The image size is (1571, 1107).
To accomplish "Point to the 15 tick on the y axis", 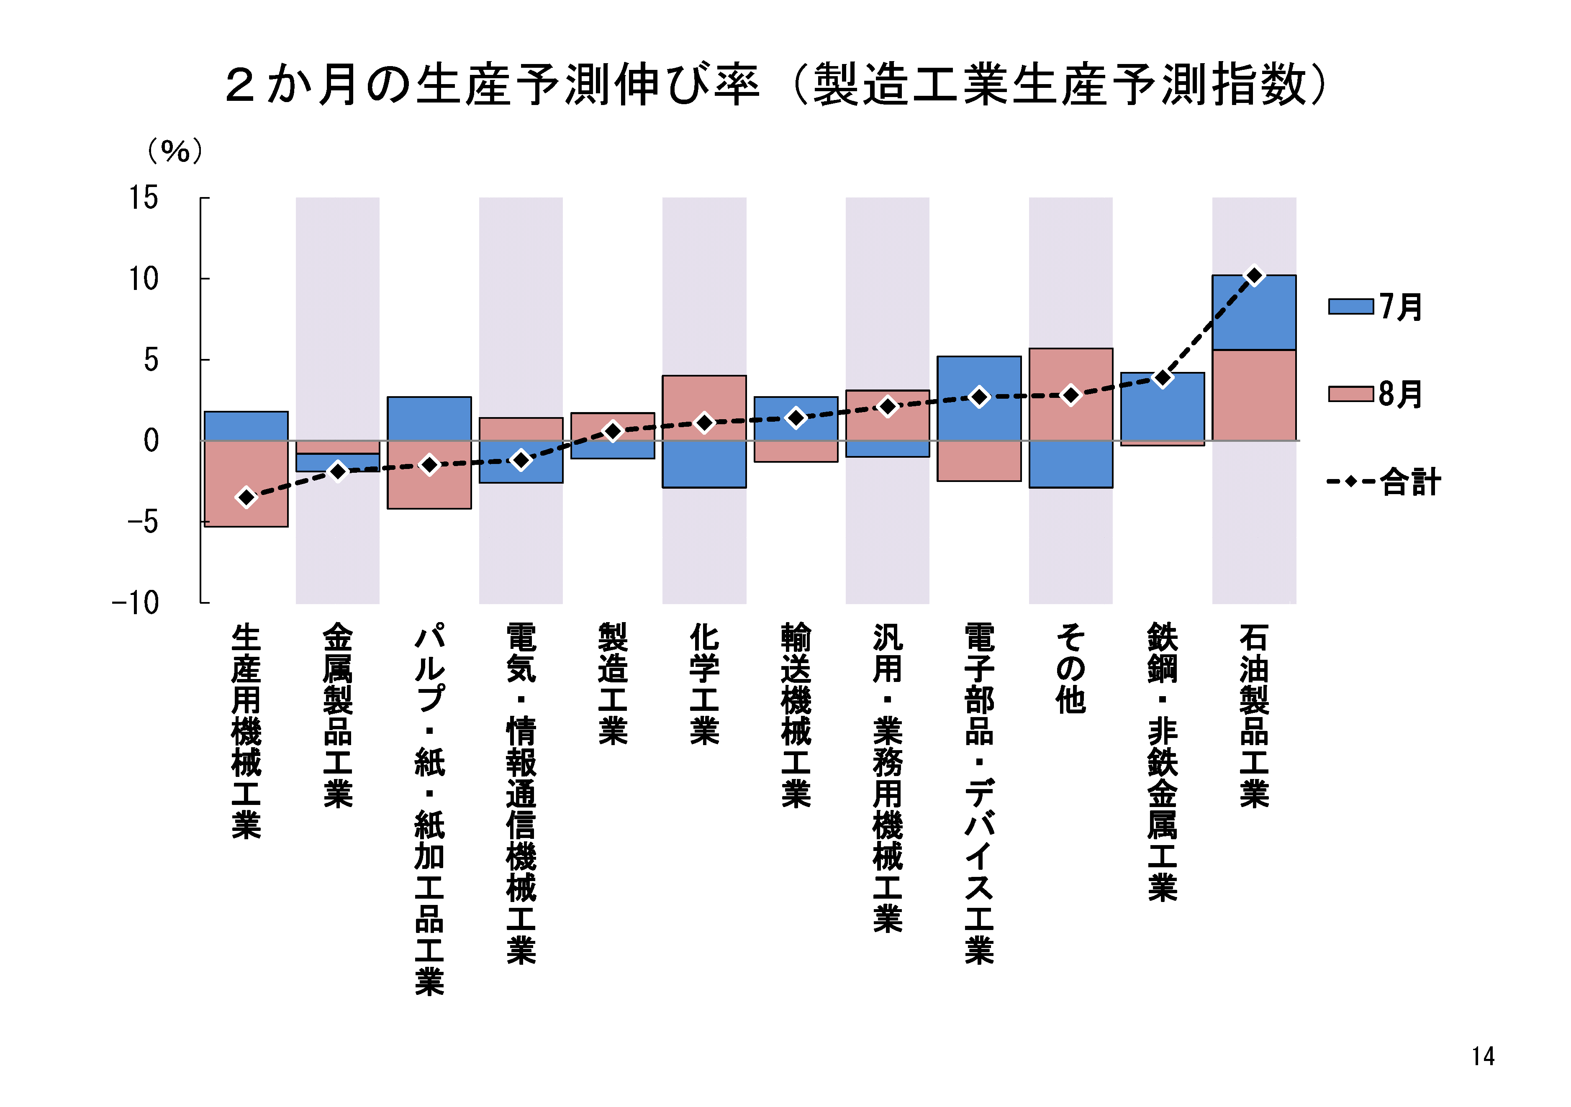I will point(144,198).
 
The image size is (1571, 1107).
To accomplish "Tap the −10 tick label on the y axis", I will point(136,603).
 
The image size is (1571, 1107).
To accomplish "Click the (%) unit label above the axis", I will point(175,151).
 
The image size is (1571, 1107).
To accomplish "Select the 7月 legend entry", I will point(1375,307).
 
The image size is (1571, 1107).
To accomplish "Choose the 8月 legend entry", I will point(1375,394).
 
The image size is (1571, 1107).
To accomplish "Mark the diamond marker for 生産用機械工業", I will point(246,497).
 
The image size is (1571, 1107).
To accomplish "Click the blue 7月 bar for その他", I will point(1071,464).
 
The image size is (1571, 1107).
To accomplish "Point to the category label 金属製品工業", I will point(338,715).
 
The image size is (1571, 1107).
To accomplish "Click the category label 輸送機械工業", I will point(796,715).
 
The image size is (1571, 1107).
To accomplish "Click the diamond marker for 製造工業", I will point(613,431).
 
